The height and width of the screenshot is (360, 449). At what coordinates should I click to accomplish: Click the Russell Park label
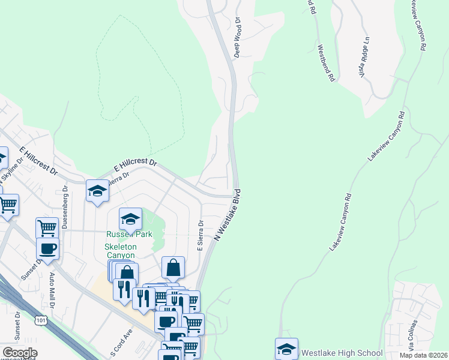128,234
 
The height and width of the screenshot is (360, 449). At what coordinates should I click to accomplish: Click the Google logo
20,353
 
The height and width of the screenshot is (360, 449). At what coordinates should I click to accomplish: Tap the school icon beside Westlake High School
286,349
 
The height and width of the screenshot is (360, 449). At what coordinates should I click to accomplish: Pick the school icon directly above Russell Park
130,218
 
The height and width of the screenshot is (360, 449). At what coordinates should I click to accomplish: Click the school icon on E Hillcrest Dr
97,191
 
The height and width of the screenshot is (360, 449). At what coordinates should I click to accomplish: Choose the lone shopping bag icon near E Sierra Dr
173,268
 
